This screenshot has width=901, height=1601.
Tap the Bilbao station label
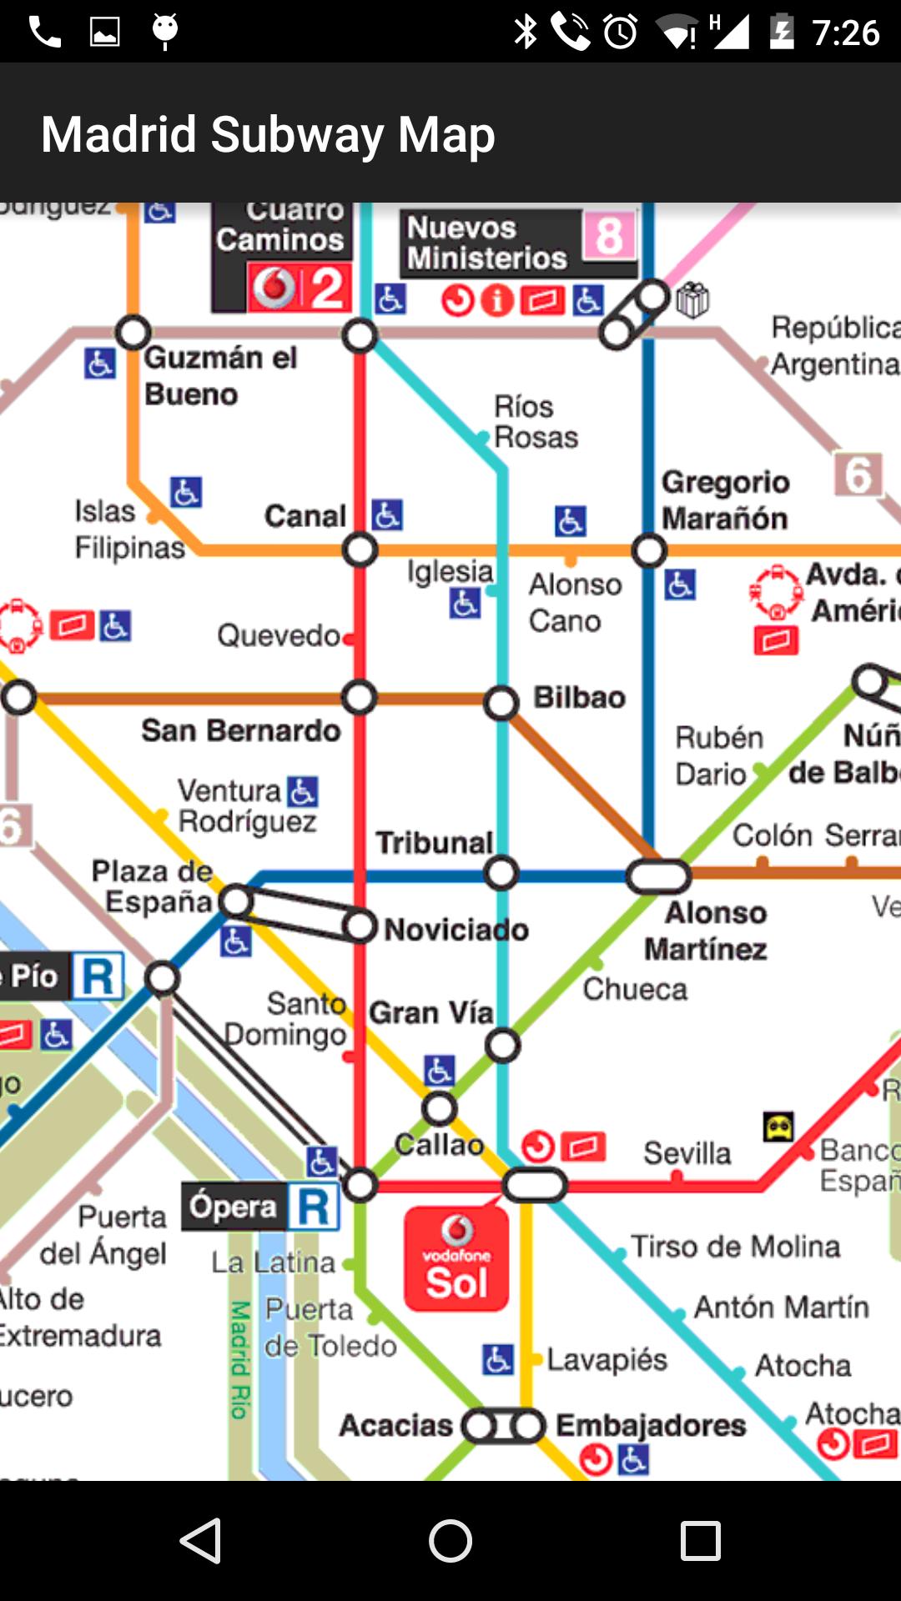coord(579,697)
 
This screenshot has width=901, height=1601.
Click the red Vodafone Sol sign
coord(456,1259)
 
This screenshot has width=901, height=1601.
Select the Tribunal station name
coord(434,842)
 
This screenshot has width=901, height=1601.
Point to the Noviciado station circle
coord(360,926)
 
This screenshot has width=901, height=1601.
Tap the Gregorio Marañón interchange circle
coord(649,550)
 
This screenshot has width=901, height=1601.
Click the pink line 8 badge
coord(609,236)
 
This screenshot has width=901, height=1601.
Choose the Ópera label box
coord(234,1207)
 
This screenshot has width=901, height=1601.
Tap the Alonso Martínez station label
coord(707,931)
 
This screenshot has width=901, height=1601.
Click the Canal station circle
coord(360,550)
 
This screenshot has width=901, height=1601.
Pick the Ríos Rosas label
coord(535,422)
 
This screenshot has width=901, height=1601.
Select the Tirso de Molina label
coord(735,1247)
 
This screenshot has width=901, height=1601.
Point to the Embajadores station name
coord(651,1425)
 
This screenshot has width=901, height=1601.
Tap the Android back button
coord(201,1540)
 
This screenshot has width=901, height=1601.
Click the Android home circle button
coord(450,1540)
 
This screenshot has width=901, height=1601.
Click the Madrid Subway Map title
coord(268,134)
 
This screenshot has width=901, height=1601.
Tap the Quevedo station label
coord(279,636)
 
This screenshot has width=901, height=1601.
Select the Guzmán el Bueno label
coord(220,376)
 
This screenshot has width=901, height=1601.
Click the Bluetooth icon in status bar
coord(526,32)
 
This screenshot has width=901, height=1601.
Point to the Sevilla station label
coord(687,1153)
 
